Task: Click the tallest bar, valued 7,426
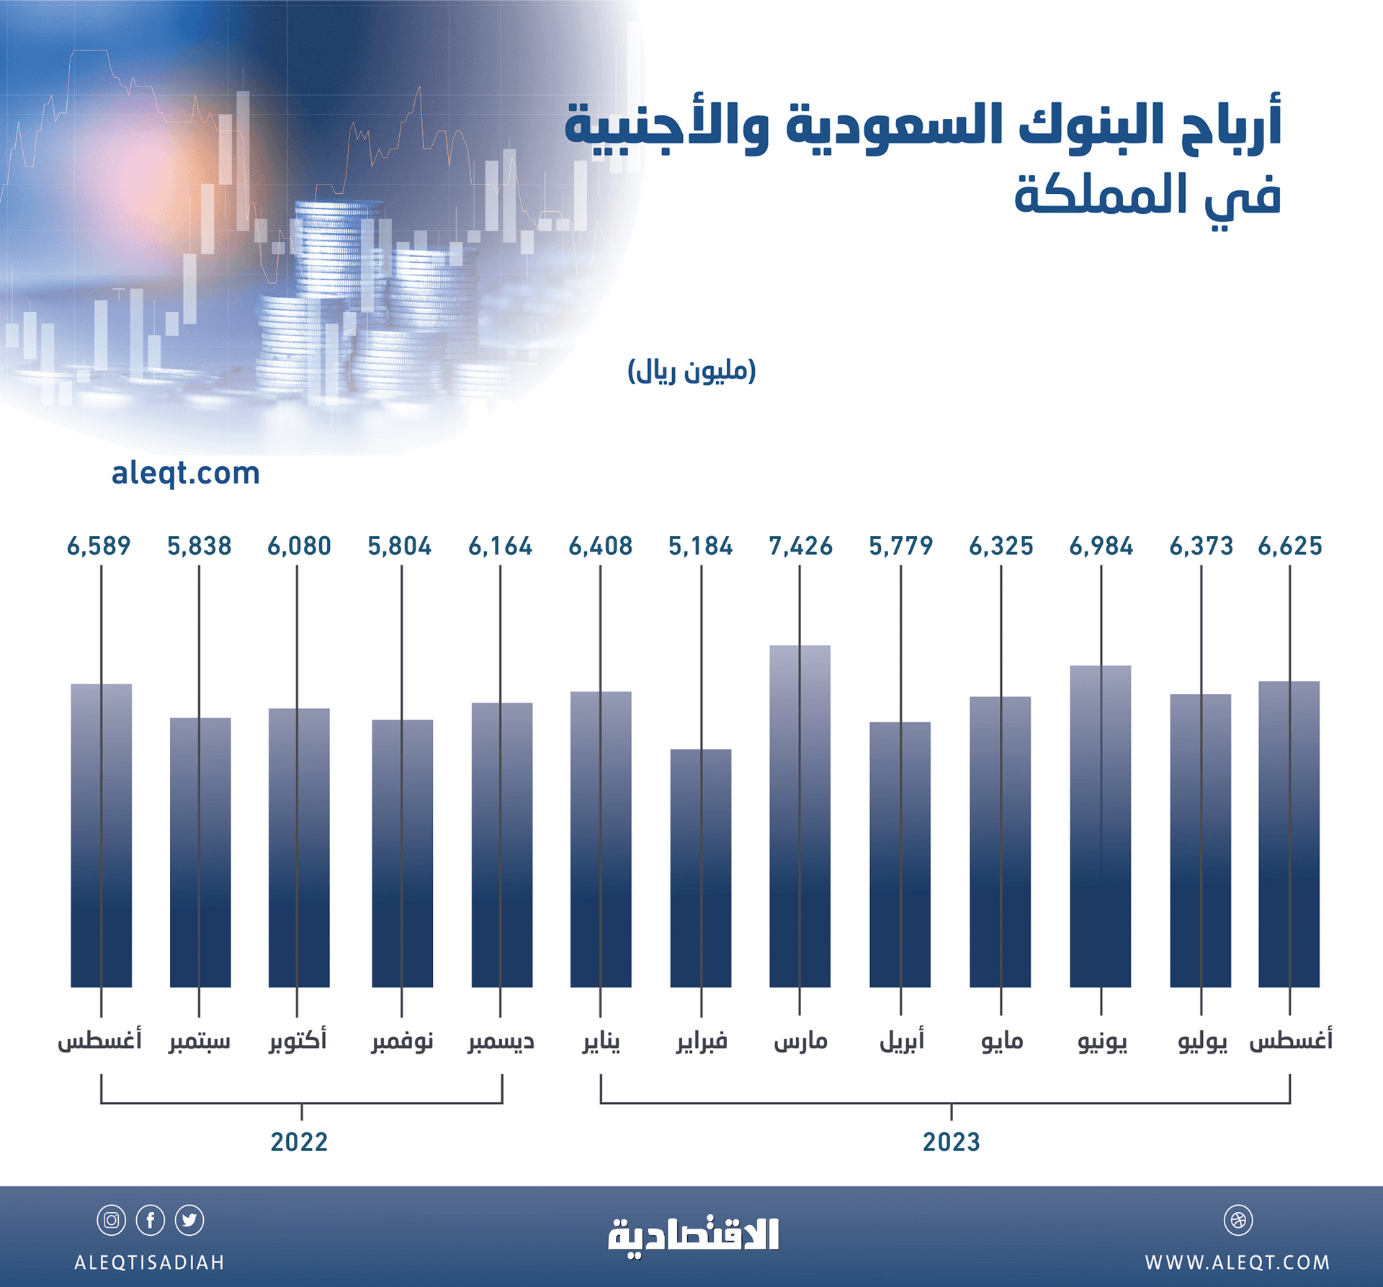800,814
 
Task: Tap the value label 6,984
1101,546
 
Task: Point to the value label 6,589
99,546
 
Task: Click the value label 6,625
1289,546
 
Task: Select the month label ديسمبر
501,1042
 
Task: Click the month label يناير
601,1042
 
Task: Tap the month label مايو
1001,1042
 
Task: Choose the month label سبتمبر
200,1042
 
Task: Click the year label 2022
299,1142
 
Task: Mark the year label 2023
951,1142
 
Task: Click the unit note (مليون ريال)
691,371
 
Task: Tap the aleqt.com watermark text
185,473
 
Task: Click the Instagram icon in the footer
112,1221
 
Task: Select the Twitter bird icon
189,1221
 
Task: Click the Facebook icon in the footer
151,1221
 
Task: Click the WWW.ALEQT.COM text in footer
1237,1262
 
